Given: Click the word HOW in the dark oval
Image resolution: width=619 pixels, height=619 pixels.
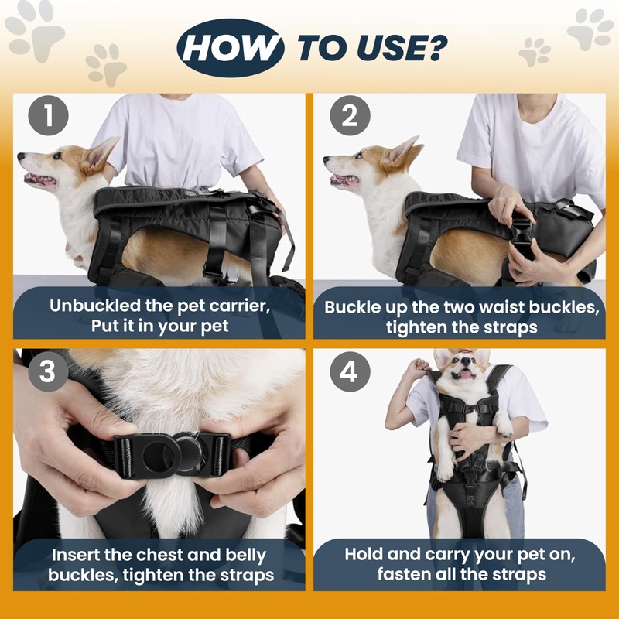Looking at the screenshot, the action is coord(231,48).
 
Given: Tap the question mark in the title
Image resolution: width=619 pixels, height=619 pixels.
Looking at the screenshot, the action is coord(437,48).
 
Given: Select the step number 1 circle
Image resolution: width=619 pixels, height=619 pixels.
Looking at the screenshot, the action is coord(48,115).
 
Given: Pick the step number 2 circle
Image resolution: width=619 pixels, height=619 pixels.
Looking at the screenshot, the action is coord(350,115).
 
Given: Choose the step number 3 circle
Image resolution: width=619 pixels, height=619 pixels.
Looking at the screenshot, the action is coord(48,371).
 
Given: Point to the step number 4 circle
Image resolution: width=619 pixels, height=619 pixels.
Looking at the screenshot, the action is coord(350,371).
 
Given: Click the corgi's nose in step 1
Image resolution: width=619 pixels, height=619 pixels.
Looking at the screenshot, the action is coord(21,156).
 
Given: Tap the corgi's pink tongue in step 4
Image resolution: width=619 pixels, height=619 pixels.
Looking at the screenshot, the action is coord(467,374).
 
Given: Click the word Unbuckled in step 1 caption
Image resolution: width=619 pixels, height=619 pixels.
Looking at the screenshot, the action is coord(94,306).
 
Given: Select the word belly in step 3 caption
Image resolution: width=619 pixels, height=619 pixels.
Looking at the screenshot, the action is coord(245,556).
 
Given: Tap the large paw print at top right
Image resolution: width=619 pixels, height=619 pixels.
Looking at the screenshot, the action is coord(590,29).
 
